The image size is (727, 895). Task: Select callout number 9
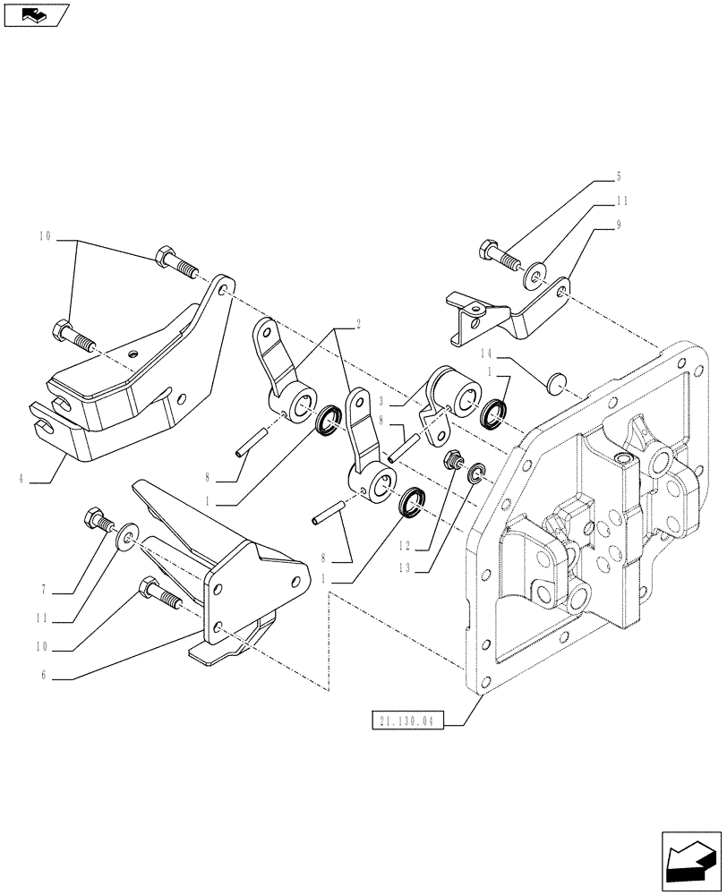[x=619, y=226]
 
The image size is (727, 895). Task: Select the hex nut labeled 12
[x=455, y=462]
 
